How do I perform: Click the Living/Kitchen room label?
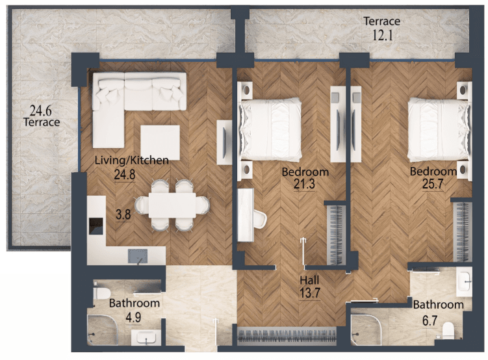[132, 161]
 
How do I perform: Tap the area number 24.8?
[125, 175]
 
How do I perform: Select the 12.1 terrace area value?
[383, 35]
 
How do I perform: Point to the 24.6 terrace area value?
[40, 110]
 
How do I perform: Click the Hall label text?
[309, 280]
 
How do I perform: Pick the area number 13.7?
[310, 293]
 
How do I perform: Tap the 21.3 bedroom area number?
[304, 184]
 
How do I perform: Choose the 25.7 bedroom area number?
[433, 184]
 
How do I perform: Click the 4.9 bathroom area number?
[133, 317]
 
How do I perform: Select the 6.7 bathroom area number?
[430, 320]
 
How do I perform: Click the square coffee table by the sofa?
[160, 142]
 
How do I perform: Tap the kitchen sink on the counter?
[138, 256]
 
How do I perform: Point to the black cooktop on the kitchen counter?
[96, 226]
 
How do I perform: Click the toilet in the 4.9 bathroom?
[102, 292]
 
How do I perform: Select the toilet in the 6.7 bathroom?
[448, 331]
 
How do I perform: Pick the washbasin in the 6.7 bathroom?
[464, 282]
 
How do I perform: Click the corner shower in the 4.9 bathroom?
[103, 329]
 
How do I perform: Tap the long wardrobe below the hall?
[287, 336]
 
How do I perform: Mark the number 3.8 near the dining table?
[123, 214]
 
